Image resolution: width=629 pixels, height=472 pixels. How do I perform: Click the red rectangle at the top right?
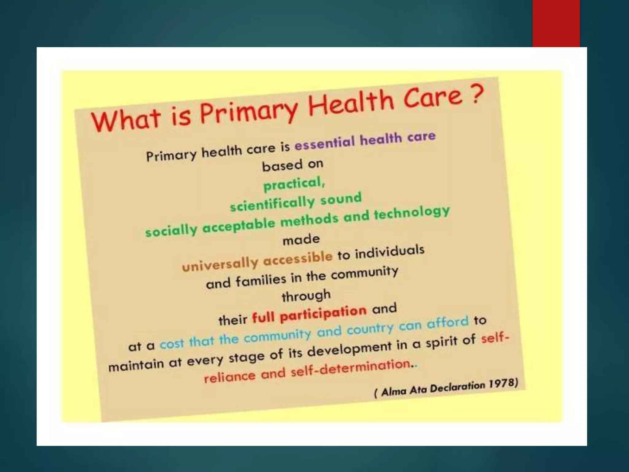(x=556, y=23)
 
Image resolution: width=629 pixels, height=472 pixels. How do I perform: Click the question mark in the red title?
(x=476, y=94)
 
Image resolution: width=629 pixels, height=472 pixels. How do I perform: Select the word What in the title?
(x=126, y=120)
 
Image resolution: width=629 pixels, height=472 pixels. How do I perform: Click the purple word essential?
(x=324, y=142)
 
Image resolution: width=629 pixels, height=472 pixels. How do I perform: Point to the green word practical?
(x=293, y=184)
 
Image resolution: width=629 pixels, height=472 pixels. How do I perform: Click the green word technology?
(x=412, y=213)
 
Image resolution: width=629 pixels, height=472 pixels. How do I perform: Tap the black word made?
(x=301, y=239)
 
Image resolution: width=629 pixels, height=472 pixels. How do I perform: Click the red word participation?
(x=323, y=313)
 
